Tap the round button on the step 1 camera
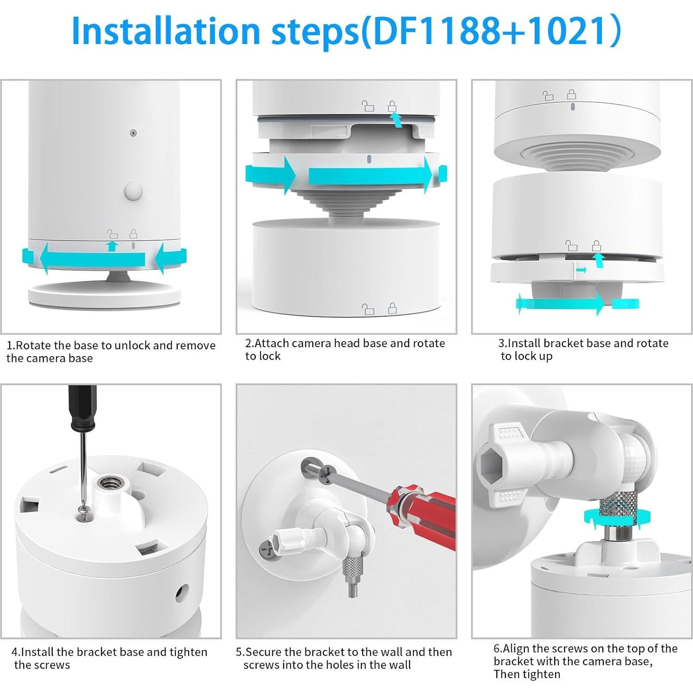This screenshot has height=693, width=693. pyautogui.click(x=133, y=191)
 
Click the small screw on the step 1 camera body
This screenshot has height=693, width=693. pyautogui.click(x=133, y=133)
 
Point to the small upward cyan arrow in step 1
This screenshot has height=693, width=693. pyautogui.click(x=112, y=246)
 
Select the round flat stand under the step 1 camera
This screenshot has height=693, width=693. pyautogui.click(x=104, y=295)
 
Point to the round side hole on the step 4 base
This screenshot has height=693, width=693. pyautogui.click(x=182, y=592)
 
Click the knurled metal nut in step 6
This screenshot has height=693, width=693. pyautogui.click(x=619, y=511)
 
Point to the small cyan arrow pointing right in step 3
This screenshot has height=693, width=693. pyautogui.click(x=581, y=269)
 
